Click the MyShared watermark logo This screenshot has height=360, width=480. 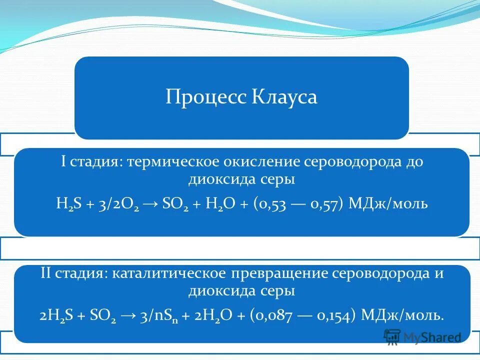(422, 337)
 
